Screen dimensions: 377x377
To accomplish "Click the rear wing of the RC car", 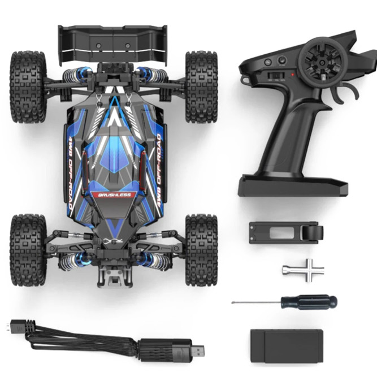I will pos(113,42).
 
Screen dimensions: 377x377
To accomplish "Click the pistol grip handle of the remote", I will pos(283,136).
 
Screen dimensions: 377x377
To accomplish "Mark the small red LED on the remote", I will pos(292,74).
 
